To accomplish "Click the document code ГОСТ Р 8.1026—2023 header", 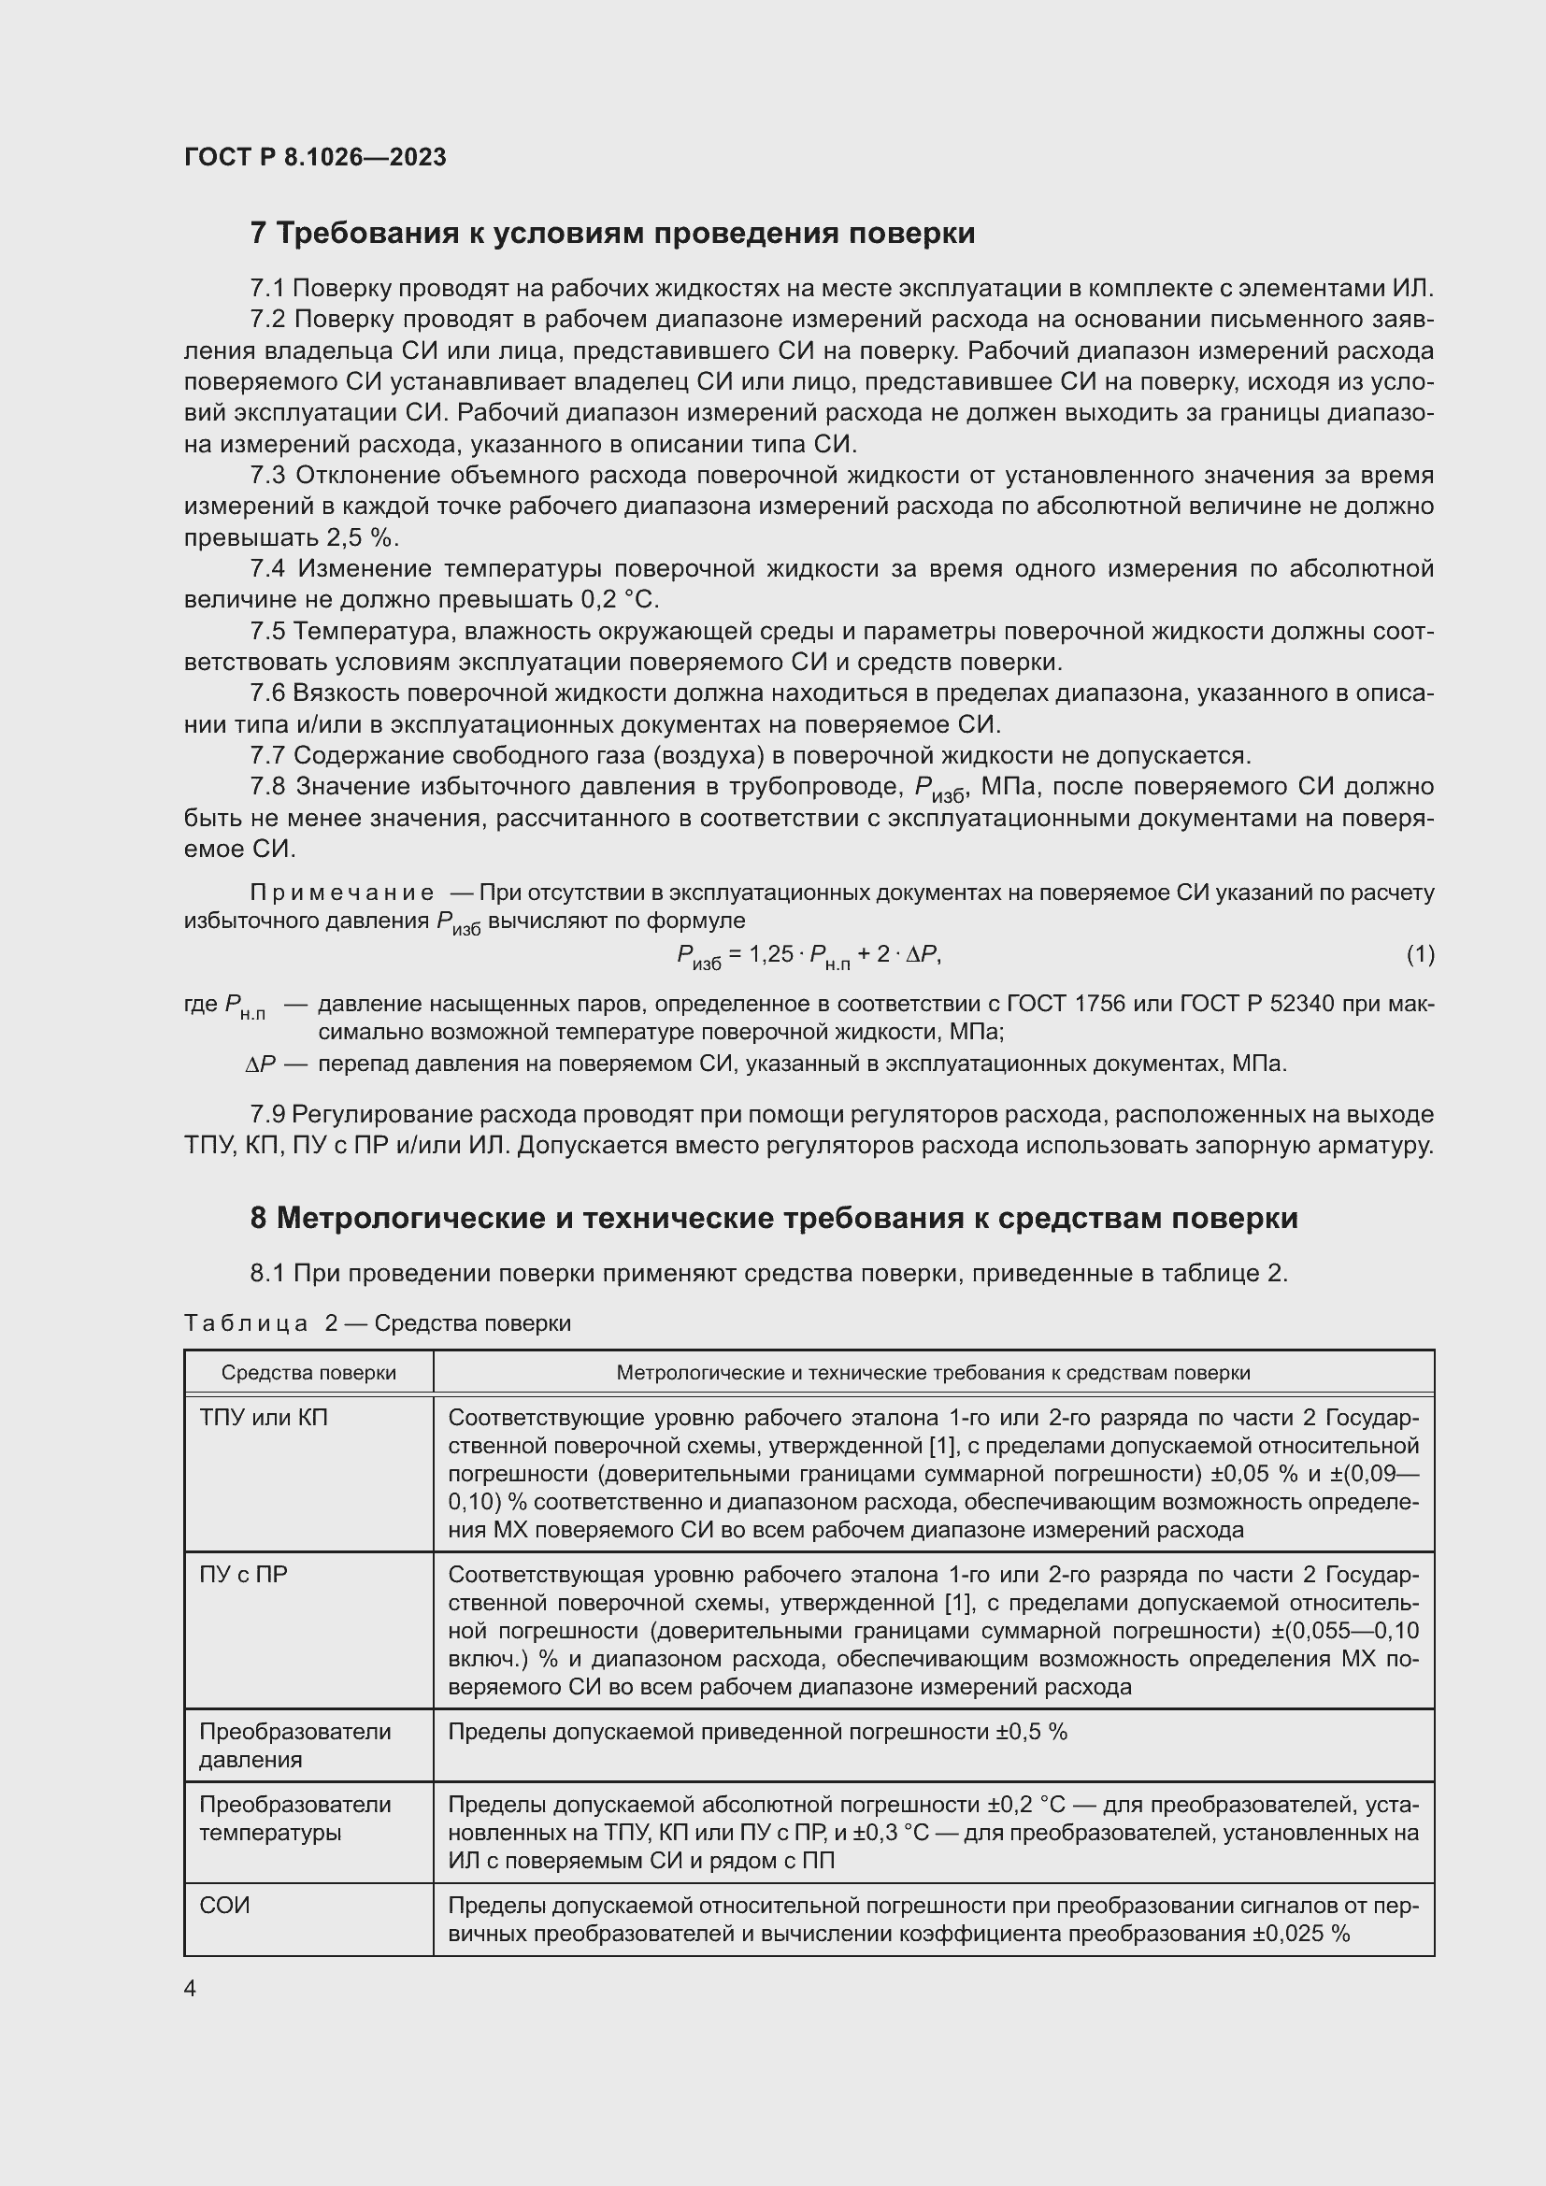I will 315,157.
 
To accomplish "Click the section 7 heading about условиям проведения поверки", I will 612,234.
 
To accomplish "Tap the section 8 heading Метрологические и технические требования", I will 773,1218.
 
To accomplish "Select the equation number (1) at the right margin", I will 1420,954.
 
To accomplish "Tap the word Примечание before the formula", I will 342,893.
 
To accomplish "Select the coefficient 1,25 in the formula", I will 771,954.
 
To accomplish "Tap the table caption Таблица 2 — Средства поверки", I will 377,1323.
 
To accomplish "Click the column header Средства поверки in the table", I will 308,1373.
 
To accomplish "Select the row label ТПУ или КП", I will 263,1419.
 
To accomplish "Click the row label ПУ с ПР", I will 243,1575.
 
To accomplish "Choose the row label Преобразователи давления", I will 295,1744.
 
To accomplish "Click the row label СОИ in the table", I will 224,1906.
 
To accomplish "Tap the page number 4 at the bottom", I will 191,1989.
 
